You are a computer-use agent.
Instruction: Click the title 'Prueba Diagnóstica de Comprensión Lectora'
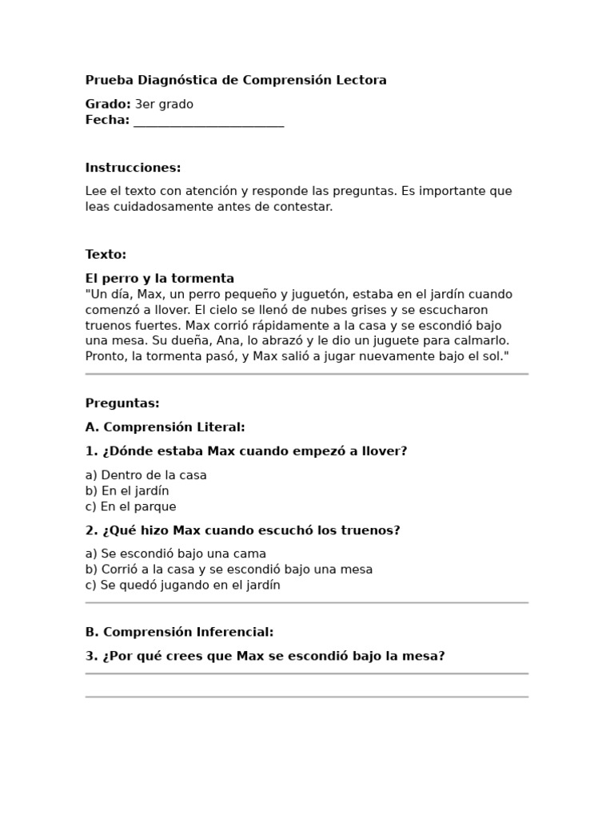click(236, 80)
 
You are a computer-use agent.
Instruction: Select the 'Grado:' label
click(108, 104)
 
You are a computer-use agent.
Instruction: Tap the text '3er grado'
click(164, 104)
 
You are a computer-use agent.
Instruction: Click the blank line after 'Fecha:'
click(209, 121)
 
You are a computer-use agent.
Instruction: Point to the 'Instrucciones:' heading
click(133, 168)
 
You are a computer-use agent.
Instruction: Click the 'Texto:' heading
click(106, 255)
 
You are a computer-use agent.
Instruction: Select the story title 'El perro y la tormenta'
click(160, 279)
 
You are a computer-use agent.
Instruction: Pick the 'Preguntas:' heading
click(122, 403)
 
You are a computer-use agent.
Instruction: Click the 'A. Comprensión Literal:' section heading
click(165, 427)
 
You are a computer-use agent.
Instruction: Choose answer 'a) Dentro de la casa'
click(146, 475)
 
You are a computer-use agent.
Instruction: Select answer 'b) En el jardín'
click(127, 490)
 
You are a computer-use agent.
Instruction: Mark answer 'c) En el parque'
click(131, 506)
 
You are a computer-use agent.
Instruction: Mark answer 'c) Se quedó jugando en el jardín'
click(183, 585)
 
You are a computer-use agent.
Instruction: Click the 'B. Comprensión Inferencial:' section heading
click(179, 632)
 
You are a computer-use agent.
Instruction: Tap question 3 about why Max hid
click(265, 656)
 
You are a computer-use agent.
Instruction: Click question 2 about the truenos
click(242, 530)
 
